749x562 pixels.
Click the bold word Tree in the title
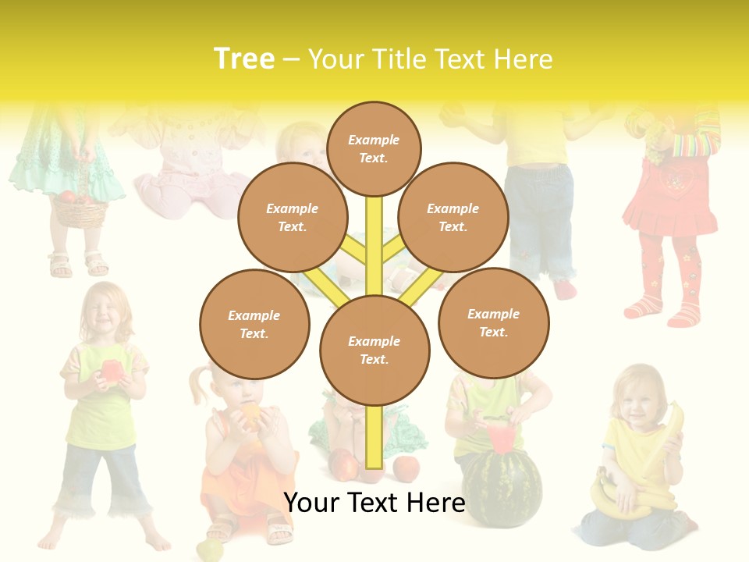click(x=244, y=59)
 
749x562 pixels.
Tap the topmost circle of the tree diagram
click(x=374, y=148)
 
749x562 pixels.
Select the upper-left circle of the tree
click(x=292, y=217)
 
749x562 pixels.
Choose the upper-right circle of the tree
click(x=453, y=217)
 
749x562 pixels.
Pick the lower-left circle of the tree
click(x=254, y=324)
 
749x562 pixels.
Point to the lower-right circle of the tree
click(x=493, y=322)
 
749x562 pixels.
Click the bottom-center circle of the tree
click(x=374, y=350)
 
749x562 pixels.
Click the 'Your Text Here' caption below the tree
click(x=374, y=502)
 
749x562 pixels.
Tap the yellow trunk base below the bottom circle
click(x=373, y=437)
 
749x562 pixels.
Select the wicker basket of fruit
click(x=78, y=209)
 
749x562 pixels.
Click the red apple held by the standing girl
click(x=111, y=369)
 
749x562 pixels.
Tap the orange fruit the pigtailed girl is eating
click(x=250, y=413)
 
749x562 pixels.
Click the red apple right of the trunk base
click(x=406, y=468)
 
